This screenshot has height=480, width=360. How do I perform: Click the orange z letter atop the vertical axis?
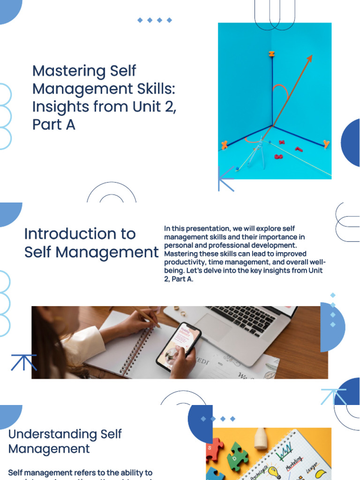click(x=271, y=54)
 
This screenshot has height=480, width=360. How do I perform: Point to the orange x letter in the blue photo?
click(x=225, y=145)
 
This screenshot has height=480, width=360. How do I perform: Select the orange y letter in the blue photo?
click(x=326, y=144)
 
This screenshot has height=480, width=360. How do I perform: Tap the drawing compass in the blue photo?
click(x=255, y=152)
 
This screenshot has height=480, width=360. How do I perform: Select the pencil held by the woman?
click(x=145, y=316)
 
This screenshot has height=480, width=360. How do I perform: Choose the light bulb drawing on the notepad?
click(x=274, y=471)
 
